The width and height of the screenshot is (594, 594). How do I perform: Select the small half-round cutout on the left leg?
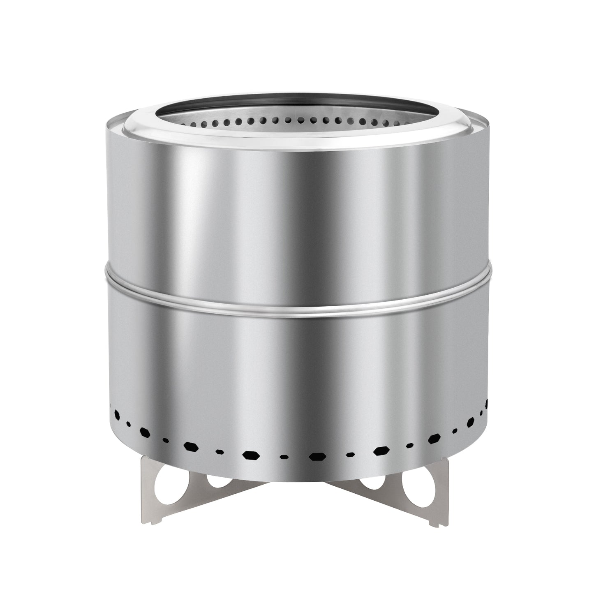pos(217,480)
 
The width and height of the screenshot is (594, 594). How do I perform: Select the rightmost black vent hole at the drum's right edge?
pos(488,404)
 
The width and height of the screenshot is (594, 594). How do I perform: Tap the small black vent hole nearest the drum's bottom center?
pos(283,456)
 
